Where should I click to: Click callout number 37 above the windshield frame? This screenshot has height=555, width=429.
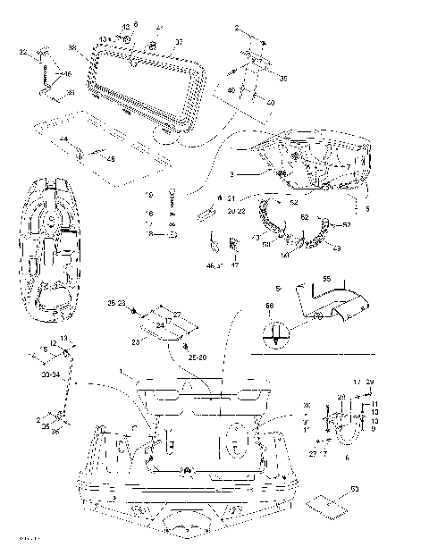pyautogui.click(x=178, y=43)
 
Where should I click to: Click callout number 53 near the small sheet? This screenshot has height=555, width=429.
pyautogui.click(x=354, y=489)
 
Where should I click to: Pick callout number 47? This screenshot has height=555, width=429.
pyautogui.click(x=236, y=265)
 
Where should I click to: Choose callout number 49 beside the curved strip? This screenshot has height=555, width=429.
pyautogui.click(x=337, y=248)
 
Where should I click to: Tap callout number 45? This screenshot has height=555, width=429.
pyautogui.click(x=111, y=160)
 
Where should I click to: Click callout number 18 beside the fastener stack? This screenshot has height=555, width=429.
pyautogui.click(x=149, y=234)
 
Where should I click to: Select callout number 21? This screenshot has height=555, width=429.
pyautogui.click(x=231, y=198)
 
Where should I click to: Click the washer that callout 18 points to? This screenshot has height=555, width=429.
pyautogui.click(x=173, y=234)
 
